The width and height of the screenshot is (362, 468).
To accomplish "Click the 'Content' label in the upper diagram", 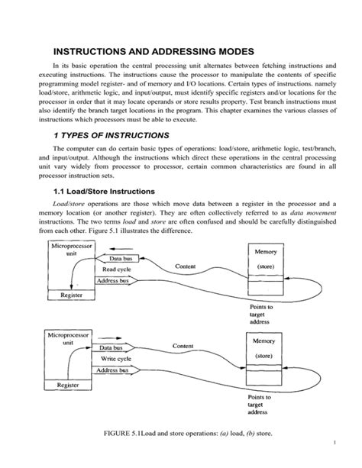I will (186, 266).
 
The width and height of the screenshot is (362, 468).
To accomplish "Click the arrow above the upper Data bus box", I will (115, 248).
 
